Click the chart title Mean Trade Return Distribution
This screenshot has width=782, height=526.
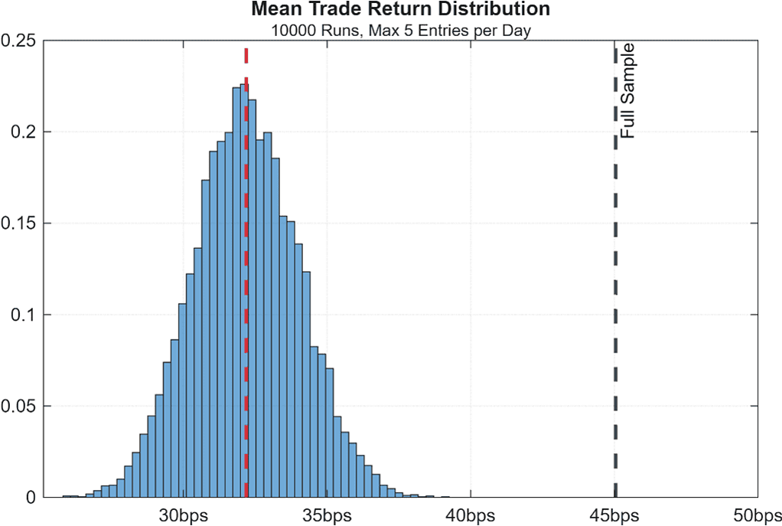pos(400,10)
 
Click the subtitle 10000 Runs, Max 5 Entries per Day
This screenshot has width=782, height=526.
pos(400,31)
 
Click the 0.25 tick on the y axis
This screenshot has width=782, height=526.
pos(20,41)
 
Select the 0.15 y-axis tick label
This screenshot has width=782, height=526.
pos(20,224)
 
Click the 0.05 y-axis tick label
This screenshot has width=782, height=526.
pos(20,406)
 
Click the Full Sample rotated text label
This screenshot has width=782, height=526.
pos(627,91)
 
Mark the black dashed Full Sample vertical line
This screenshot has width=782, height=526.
pos(615,306)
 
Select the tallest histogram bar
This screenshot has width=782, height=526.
pos(243,306)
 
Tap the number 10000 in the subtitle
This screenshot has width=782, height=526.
pos(289,31)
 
